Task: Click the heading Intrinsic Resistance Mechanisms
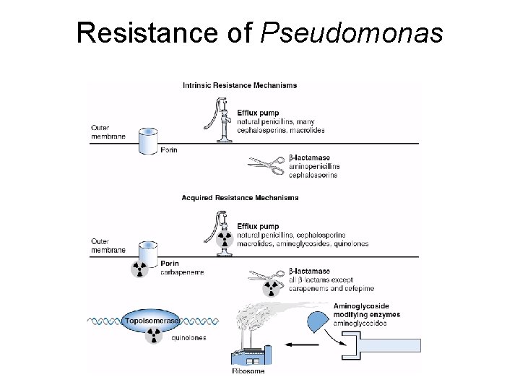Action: [239, 85]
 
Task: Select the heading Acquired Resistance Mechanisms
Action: [240, 197]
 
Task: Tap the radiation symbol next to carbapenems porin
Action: [139, 269]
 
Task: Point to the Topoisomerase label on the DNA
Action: [152, 320]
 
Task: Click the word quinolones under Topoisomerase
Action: [189, 337]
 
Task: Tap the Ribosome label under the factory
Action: [248, 371]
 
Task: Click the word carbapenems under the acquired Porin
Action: [182, 272]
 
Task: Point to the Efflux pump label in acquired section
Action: [258, 226]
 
